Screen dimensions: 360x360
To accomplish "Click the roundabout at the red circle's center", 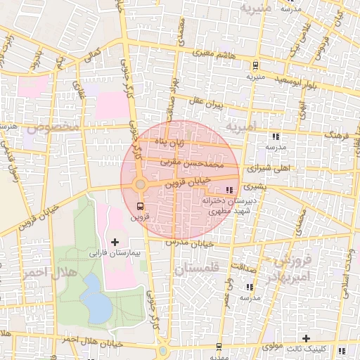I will (x=140, y=184).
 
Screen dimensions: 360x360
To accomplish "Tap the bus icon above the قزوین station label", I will (x=140, y=206).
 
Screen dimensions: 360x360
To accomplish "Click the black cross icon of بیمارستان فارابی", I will (x=115, y=242).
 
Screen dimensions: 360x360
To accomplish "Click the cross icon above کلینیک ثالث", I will (x=306, y=338).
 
